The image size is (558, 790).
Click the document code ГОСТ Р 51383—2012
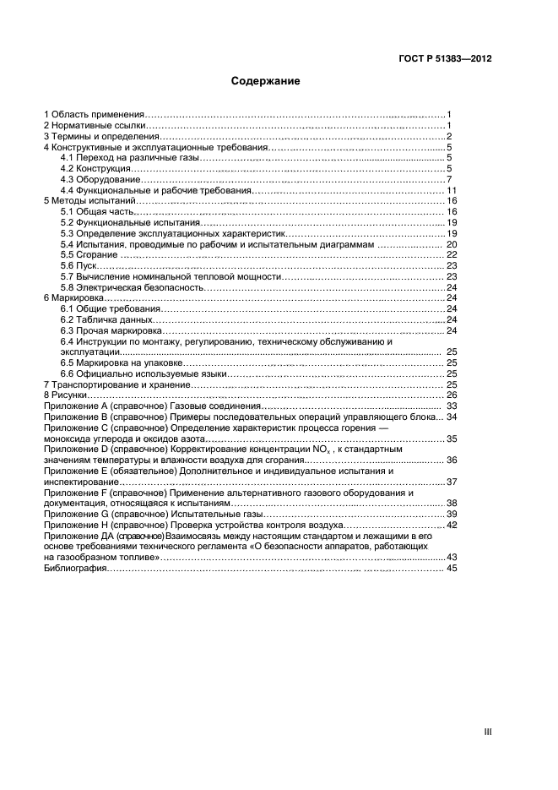pos(445,59)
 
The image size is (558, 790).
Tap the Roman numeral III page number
pos(487,732)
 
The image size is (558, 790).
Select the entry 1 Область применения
pos(94,114)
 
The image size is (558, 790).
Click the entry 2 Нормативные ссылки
pos(95,125)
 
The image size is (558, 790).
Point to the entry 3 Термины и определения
pos(100,136)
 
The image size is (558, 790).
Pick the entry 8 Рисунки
pos(66,395)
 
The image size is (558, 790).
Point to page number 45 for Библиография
pos(451,569)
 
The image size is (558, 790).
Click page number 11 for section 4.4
pos(451,191)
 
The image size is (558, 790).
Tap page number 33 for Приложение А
pos(451,406)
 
